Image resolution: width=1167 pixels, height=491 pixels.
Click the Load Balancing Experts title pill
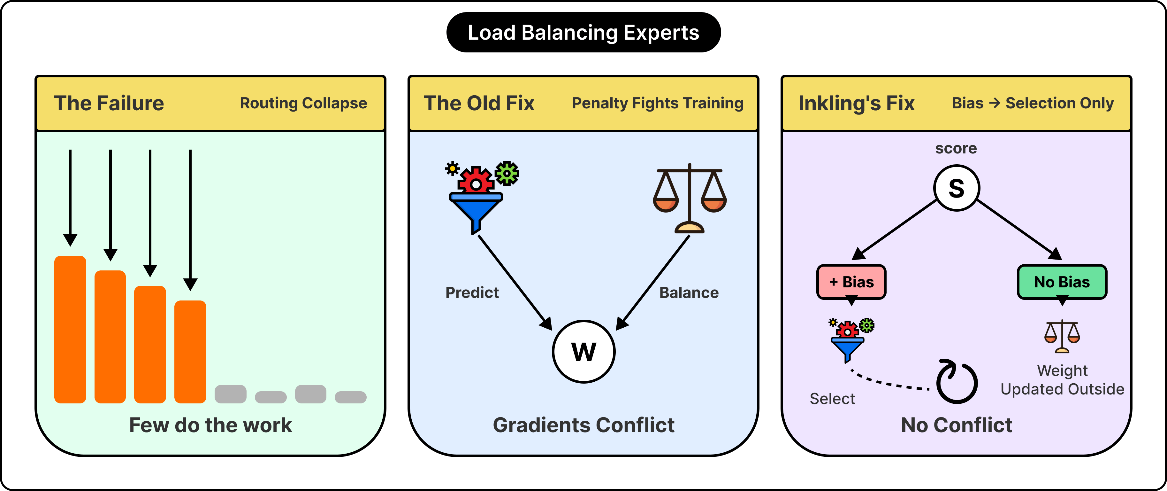coord(583,32)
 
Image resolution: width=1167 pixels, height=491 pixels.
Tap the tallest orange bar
coord(70,329)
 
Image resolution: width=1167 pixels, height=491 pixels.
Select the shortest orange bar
coord(190,352)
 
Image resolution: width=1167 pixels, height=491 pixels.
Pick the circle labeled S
coord(956,188)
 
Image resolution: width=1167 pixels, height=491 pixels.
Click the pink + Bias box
coord(851,282)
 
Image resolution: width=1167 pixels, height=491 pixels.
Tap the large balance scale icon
coord(690,198)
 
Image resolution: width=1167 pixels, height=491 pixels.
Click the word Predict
coord(472,292)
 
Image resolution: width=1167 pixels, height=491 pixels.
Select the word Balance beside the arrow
coord(689,292)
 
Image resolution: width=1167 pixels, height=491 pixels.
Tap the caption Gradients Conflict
coord(583,425)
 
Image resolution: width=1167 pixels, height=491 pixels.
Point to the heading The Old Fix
coord(479,103)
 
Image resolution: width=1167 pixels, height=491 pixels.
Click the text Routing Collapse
coord(303,103)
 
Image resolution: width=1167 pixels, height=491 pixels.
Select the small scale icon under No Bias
coord(1062,336)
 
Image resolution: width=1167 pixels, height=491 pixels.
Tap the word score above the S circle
coord(956,148)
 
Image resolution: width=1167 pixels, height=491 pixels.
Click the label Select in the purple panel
coord(832,399)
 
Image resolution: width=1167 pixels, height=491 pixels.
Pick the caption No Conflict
coord(956,425)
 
